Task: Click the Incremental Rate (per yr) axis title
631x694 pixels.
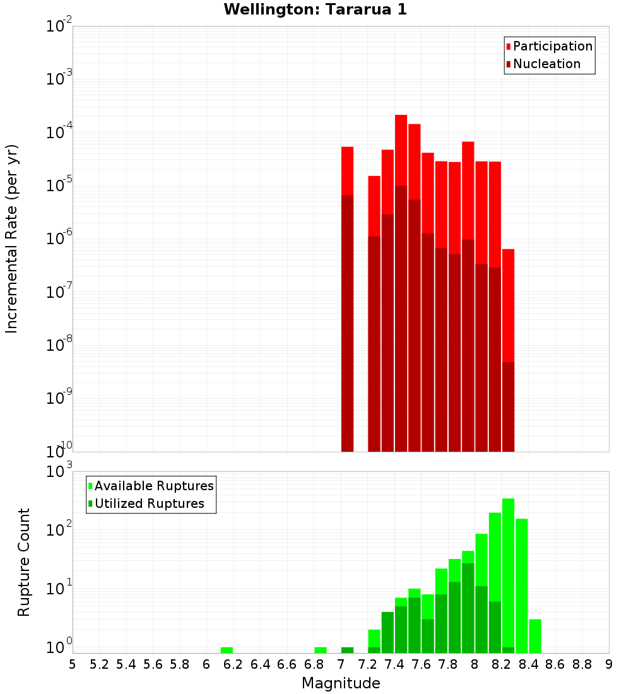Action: tap(12, 238)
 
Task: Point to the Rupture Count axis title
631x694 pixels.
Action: tap(23, 562)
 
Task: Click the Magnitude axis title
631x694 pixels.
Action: tap(341, 683)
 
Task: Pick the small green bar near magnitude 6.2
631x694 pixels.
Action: tap(227, 650)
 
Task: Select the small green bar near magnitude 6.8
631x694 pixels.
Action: tap(321, 650)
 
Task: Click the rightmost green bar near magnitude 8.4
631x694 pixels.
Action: tap(535, 636)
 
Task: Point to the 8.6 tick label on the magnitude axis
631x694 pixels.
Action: tap(555, 664)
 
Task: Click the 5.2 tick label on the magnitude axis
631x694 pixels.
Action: tap(99, 664)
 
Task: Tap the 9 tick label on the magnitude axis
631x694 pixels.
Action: tap(608, 664)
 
